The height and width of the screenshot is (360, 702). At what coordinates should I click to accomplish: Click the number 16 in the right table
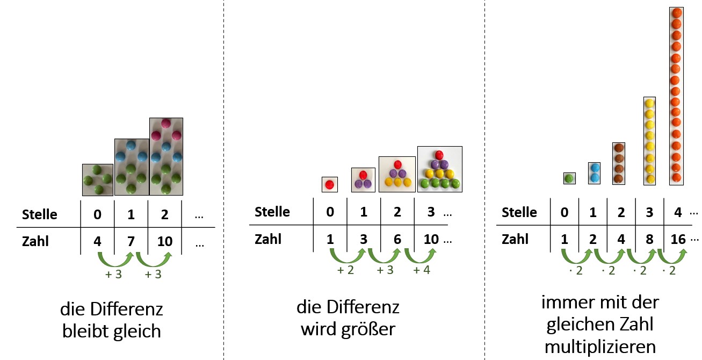[x=678, y=239]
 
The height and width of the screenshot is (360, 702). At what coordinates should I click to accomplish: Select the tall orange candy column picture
[x=677, y=96]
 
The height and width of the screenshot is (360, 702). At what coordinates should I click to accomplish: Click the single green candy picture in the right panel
[x=570, y=178]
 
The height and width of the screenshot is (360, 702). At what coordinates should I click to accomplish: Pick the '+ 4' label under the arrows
[x=422, y=270]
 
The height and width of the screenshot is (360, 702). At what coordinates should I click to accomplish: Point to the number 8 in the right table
[x=650, y=239]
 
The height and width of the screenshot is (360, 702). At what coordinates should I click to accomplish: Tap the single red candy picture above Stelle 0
[x=330, y=184]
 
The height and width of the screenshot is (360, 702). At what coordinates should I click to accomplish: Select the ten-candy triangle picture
[x=439, y=169]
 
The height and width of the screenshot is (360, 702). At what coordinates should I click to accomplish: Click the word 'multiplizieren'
[x=600, y=347]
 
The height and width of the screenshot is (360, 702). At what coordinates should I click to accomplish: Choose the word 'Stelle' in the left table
[x=40, y=214]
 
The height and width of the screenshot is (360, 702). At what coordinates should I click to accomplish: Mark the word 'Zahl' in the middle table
[x=268, y=239]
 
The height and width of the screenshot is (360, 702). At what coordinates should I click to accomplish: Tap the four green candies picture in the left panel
[x=98, y=180]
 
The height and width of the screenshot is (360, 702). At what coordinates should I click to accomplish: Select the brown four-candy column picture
[x=619, y=163]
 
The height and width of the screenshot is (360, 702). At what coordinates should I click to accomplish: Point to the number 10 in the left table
[x=165, y=241]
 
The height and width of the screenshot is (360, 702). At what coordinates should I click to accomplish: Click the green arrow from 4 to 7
[x=115, y=258]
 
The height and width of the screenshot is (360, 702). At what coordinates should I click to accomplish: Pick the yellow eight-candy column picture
[x=650, y=141]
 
